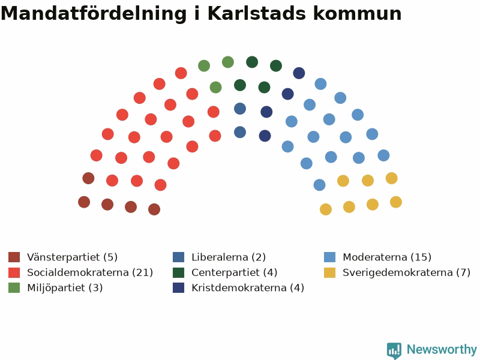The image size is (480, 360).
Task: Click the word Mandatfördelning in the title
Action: (94, 14)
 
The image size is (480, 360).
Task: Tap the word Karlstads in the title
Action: (257, 13)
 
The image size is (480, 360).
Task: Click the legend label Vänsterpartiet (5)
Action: (72, 257)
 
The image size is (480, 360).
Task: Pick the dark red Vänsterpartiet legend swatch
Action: (14, 257)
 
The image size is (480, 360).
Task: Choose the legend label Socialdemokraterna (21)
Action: (90, 272)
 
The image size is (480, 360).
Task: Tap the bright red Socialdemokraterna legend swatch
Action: (14, 272)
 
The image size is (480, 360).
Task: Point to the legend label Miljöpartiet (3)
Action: (65, 288)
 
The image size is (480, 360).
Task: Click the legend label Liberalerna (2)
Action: (229, 257)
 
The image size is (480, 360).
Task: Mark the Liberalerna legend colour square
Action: (178, 257)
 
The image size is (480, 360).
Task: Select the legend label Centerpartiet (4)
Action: (235, 272)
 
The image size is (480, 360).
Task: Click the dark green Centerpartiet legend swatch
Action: (178, 272)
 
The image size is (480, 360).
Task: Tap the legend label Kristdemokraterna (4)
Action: (248, 288)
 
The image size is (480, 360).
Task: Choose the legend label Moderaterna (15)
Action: (387, 257)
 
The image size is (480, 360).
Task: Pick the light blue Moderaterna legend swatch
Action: (329, 257)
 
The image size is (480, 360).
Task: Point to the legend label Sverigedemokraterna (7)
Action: (407, 272)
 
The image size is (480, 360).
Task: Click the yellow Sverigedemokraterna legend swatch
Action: (329, 272)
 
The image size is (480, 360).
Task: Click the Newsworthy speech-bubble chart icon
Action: (394, 350)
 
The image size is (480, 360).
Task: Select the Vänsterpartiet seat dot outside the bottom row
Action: (88, 178)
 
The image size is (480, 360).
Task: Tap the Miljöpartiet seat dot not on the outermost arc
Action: (216, 88)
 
